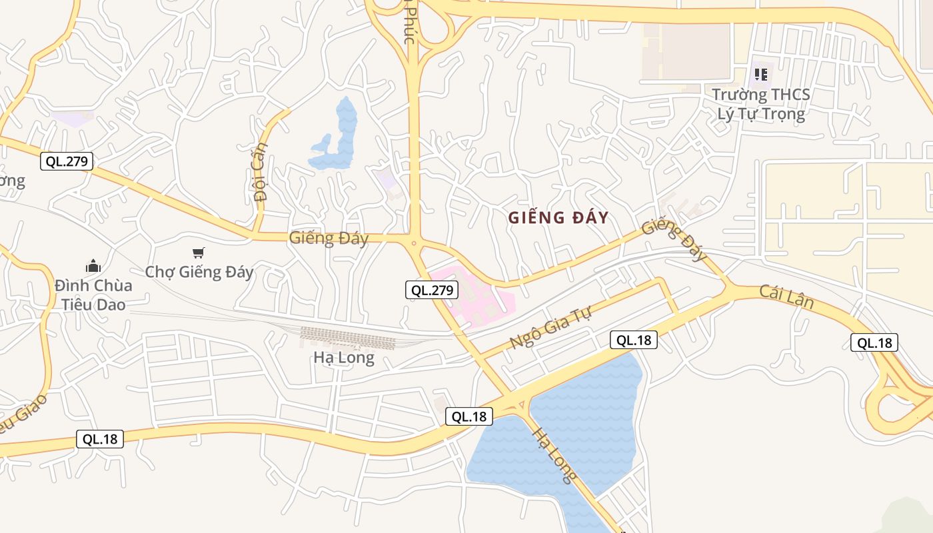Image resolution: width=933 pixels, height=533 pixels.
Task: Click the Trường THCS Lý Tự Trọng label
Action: pos(760,104)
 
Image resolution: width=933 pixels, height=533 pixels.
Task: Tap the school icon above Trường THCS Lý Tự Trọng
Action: pos(760,74)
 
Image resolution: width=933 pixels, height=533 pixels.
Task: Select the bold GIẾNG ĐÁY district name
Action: pos(558,218)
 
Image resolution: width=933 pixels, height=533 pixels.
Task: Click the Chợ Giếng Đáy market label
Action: pos(199,272)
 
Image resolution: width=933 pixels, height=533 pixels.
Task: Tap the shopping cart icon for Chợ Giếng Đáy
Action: pos(198,253)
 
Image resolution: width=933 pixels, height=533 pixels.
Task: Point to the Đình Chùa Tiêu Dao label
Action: pos(93,295)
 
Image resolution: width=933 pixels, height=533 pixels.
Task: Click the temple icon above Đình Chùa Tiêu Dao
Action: pos(93,266)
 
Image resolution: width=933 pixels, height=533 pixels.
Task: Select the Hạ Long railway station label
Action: pos(344,358)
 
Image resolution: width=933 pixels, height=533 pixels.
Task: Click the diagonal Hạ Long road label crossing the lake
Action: pos(554,454)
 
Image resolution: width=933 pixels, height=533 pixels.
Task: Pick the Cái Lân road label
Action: pos(786,296)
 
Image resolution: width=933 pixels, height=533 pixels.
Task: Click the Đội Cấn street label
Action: pos(261,171)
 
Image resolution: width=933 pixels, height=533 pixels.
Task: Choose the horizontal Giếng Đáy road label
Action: pos(329,238)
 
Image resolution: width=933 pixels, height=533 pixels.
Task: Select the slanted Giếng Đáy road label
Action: pos(673,240)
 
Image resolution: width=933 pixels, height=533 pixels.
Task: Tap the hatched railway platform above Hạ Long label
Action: pos(347,338)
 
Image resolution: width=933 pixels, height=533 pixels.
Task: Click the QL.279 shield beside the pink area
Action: pos(432,290)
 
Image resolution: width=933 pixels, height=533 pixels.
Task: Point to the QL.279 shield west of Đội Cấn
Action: pos(66,161)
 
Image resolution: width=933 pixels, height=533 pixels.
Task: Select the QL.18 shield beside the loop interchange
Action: pos(874,343)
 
